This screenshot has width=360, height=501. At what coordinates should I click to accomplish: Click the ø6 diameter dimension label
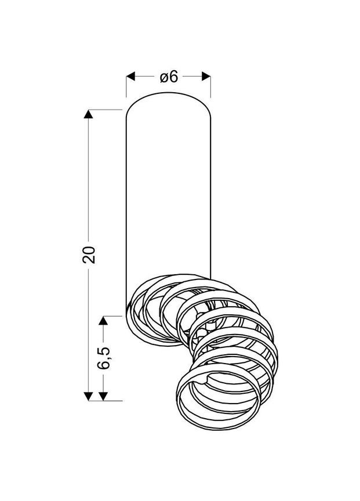pyautogui.click(x=168, y=77)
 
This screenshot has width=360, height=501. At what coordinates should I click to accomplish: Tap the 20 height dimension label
pyautogui.click(x=89, y=255)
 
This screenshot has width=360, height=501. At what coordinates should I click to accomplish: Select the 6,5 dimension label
pyautogui.click(x=104, y=358)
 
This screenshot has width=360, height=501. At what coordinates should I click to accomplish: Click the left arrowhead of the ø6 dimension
pyautogui.click(x=130, y=77)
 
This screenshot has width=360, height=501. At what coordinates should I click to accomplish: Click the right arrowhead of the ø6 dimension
pyautogui.click(x=206, y=77)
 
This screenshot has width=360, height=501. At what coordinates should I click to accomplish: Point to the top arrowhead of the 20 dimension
pyautogui.click(x=89, y=114)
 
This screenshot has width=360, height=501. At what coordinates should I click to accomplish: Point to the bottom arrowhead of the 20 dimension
pyautogui.click(x=89, y=396)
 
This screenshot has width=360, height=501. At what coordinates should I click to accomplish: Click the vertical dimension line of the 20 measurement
pyautogui.click(x=89, y=174)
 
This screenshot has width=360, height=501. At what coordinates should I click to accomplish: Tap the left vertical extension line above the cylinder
pyautogui.click(x=126, y=87)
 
